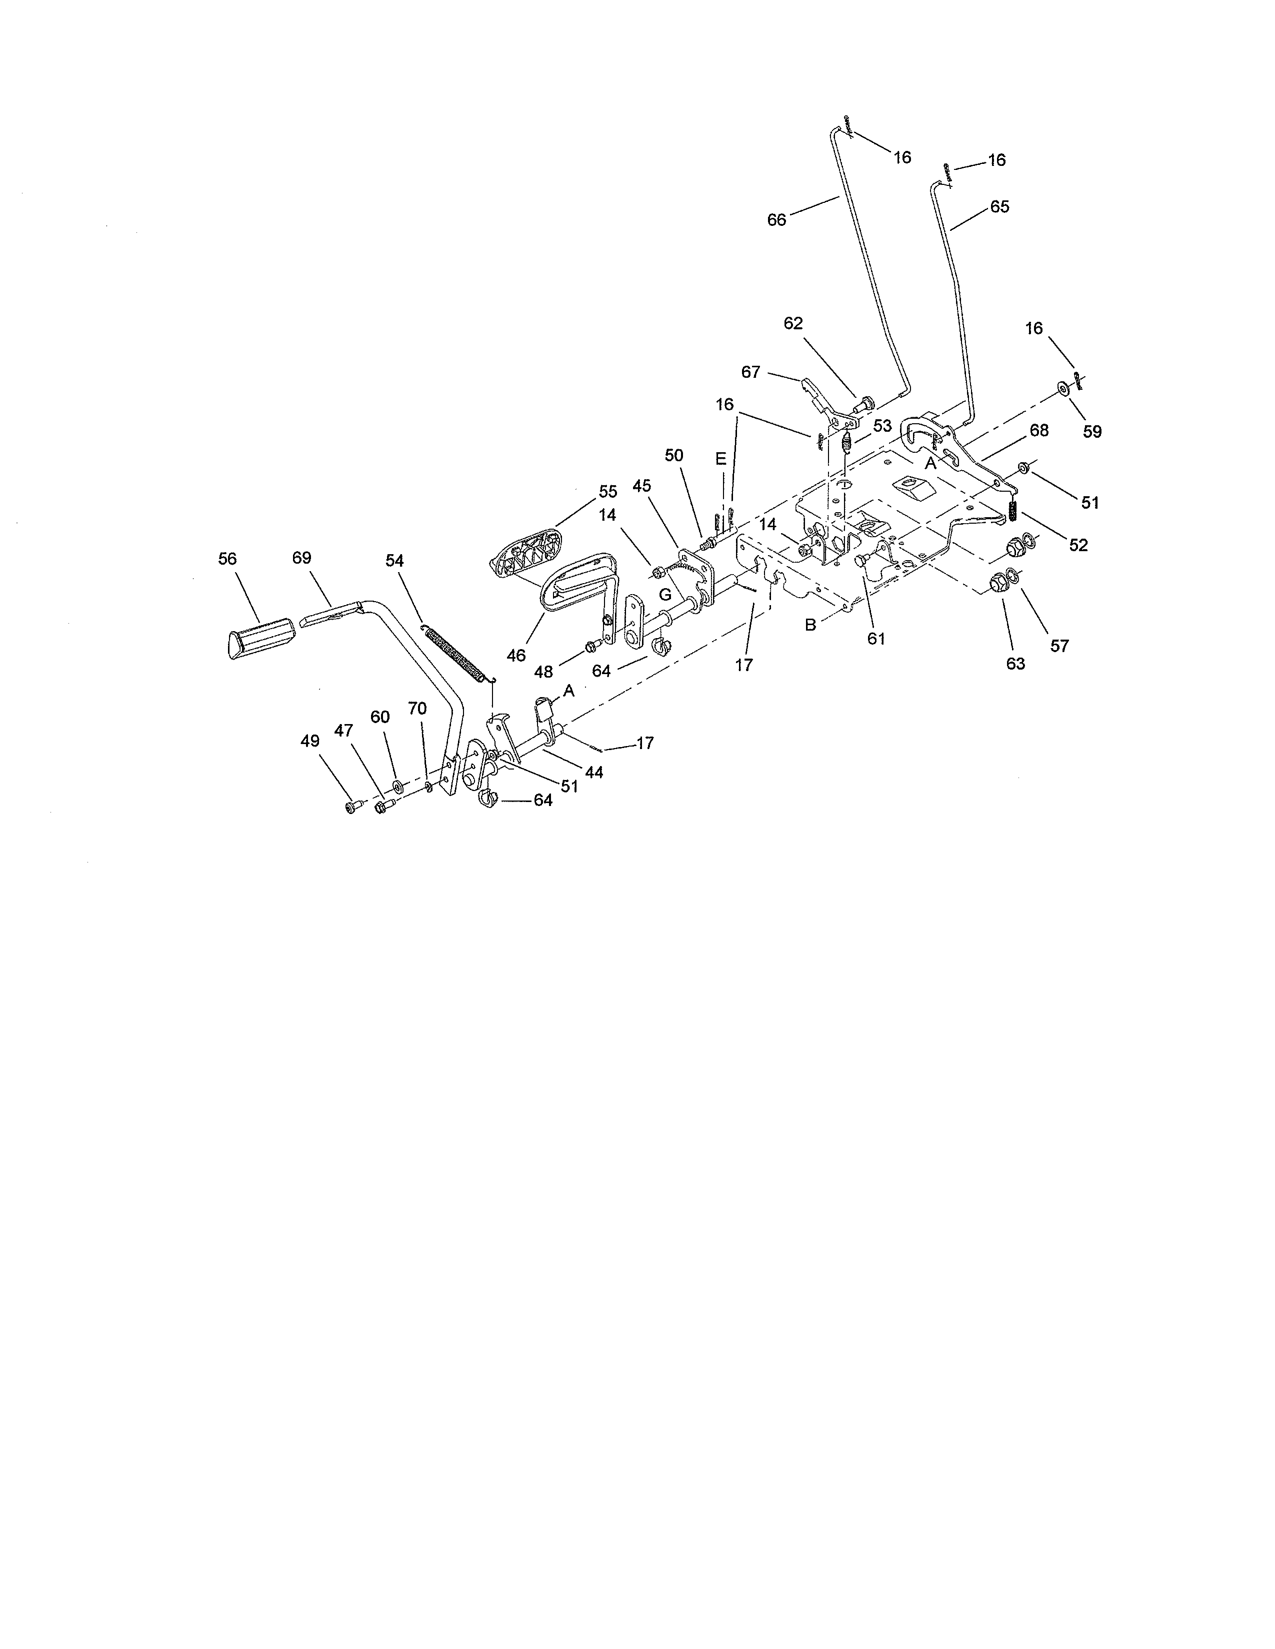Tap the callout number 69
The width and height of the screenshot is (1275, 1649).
[x=301, y=558]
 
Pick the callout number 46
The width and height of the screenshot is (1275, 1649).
[x=516, y=656]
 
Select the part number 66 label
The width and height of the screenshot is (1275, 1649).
[x=776, y=220]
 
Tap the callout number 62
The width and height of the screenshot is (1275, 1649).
[x=793, y=323]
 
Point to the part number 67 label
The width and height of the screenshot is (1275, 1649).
[x=751, y=372]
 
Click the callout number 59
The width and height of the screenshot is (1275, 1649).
[x=1092, y=432]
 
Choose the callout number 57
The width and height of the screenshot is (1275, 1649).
[x=1059, y=646]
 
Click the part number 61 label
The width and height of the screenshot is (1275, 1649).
[x=876, y=639]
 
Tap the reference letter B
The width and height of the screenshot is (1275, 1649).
[x=810, y=625]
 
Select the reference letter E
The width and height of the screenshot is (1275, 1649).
[x=720, y=459]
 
